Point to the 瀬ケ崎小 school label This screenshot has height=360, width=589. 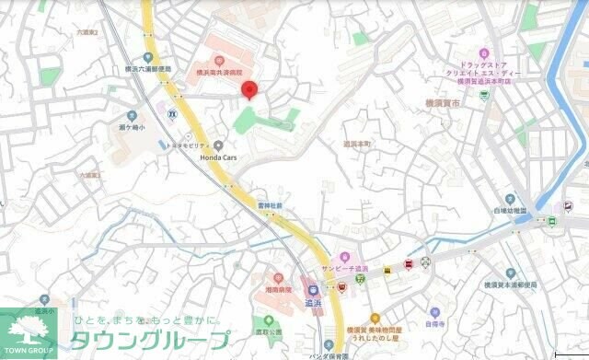click(x=128, y=126)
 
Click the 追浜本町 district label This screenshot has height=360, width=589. click(x=356, y=145)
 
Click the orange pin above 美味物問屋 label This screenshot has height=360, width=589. click(x=375, y=319)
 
